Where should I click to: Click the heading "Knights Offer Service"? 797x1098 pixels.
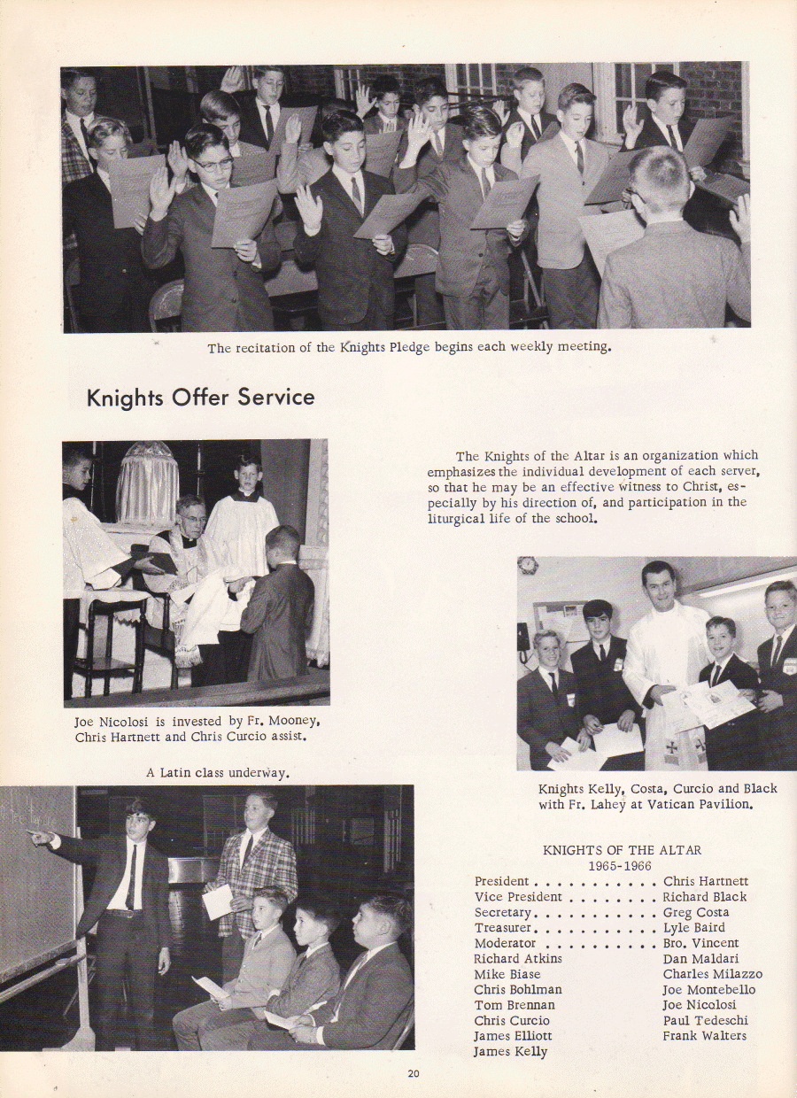[200, 398]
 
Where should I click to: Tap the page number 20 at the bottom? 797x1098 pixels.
[413, 1074]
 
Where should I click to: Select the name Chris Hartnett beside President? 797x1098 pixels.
[705, 881]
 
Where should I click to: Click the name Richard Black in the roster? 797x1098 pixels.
[704, 897]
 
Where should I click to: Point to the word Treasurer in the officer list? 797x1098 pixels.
[502, 928]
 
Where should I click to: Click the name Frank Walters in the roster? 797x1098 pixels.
[704, 1035]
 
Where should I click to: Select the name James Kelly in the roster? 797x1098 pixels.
[510, 1051]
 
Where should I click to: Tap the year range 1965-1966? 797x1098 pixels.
[621, 865]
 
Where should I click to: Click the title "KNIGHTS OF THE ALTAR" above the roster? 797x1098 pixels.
[622, 850]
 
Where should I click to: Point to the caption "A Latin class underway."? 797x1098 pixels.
[218, 772]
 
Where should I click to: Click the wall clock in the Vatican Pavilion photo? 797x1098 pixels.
[528, 565]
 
